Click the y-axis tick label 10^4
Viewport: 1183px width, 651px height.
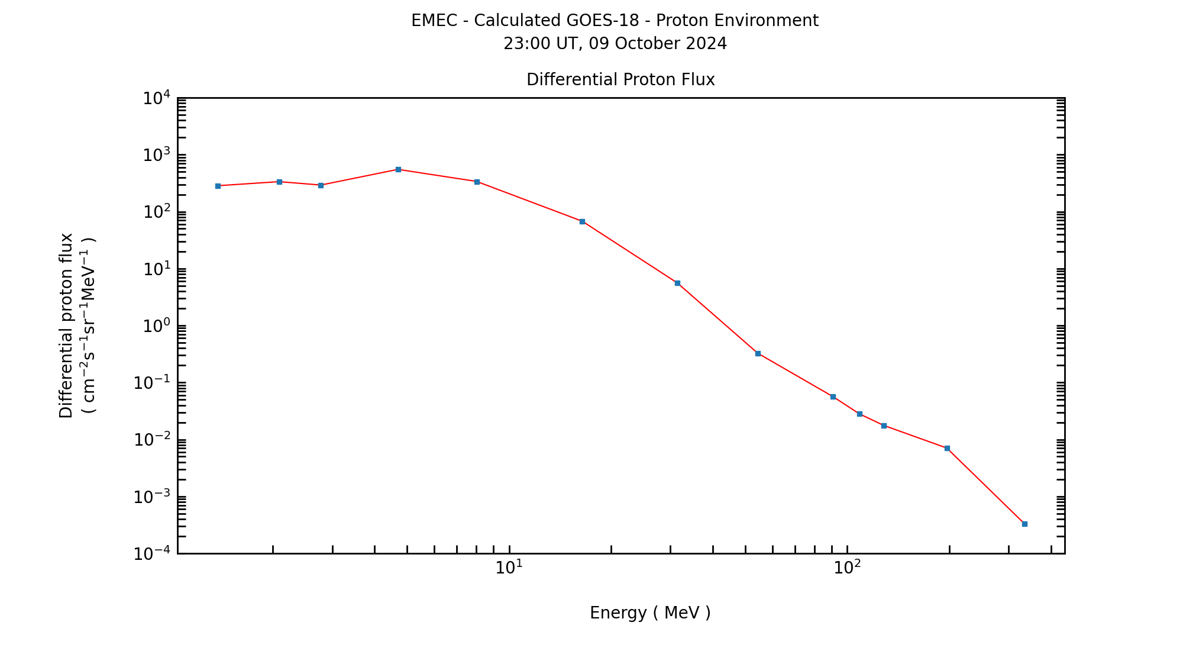(156, 98)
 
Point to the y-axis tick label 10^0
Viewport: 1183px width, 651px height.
(156, 326)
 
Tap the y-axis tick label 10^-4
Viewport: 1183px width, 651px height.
(152, 554)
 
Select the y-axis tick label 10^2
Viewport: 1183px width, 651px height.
(156, 212)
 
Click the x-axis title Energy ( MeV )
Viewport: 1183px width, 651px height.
(650, 613)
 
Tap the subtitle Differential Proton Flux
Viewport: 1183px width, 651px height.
(620, 80)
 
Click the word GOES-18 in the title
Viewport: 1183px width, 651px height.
(603, 21)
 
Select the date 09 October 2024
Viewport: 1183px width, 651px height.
(658, 44)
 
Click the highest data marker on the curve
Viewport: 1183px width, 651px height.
(398, 169)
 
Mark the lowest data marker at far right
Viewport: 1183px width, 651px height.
(1024, 524)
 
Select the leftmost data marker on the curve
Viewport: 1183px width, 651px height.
(218, 186)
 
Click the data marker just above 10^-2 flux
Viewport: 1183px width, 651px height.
(884, 426)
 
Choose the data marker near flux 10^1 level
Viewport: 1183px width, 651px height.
(677, 283)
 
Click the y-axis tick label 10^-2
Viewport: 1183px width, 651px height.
(152, 440)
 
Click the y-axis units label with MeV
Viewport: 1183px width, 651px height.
(88, 325)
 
